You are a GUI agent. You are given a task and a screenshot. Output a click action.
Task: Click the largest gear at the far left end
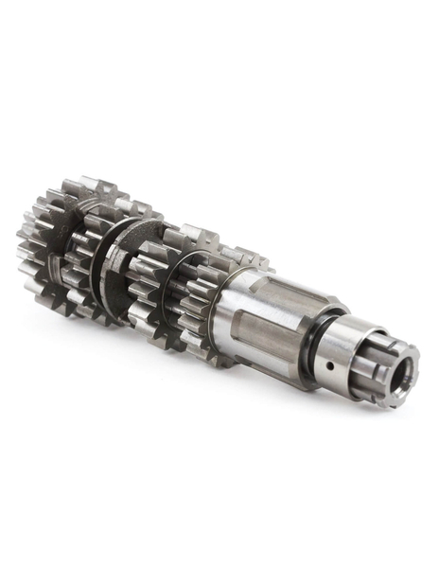[47, 246]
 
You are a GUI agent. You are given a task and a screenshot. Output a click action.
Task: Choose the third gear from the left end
[156, 284]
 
